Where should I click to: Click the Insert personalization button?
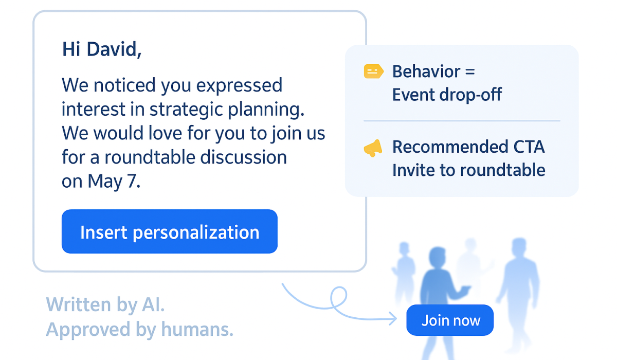coord(169,232)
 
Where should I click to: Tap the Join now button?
coord(450,320)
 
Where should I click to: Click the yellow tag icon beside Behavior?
coord(373,71)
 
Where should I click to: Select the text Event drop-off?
coord(446,95)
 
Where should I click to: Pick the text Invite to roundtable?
coord(468,170)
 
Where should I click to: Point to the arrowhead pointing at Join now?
coord(393,319)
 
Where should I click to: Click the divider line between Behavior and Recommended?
coord(461,121)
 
